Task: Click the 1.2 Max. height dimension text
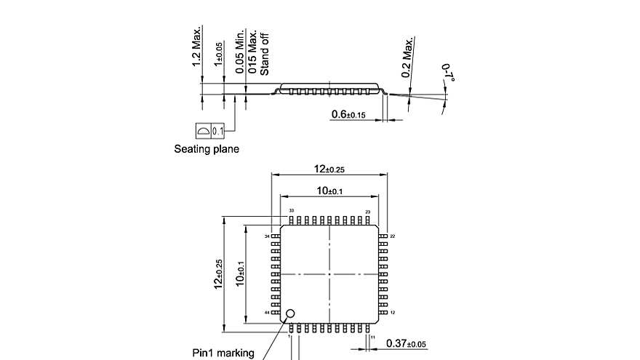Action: tap(196, 48)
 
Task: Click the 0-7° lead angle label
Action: tap(447, 74)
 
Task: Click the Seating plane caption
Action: tap(207, 149)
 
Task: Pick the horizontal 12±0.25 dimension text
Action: tap(329, 169)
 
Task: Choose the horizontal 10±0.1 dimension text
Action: tap(329, 191)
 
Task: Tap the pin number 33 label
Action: tap(291, 211)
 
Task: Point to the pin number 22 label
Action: tap(392, 236)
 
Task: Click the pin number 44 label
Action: tap(267, 312)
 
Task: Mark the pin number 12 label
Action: tap(392, 312)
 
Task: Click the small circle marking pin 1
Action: tap(290, 314)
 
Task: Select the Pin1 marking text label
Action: tap(223, 353)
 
